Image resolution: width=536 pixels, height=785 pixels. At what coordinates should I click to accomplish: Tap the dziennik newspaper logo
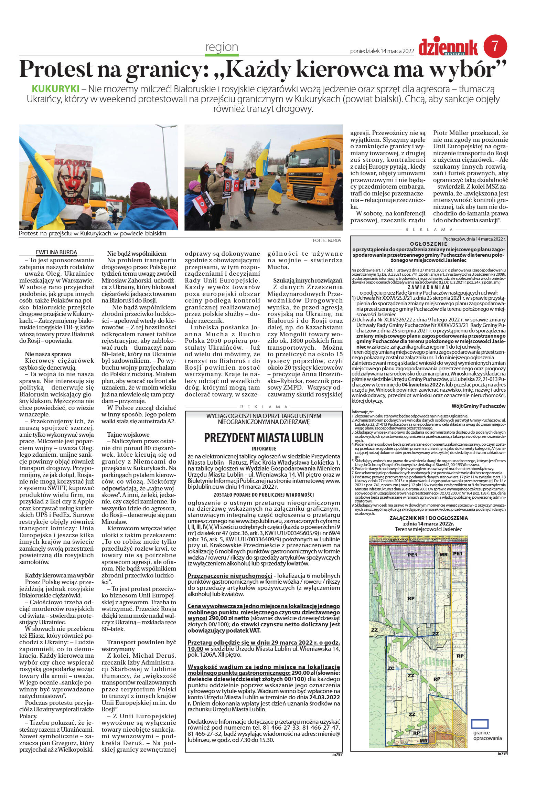pos(448,48)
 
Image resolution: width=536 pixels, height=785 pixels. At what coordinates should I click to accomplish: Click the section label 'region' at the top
pos(222,47)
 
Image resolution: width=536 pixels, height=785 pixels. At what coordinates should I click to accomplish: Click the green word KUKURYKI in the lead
pos(55,89)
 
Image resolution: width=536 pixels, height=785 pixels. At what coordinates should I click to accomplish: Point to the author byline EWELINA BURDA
pos(56,252)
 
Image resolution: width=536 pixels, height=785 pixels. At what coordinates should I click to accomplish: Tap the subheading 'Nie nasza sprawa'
pos(48,354)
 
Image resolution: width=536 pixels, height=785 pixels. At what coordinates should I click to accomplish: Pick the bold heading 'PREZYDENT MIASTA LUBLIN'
pos(264,438)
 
